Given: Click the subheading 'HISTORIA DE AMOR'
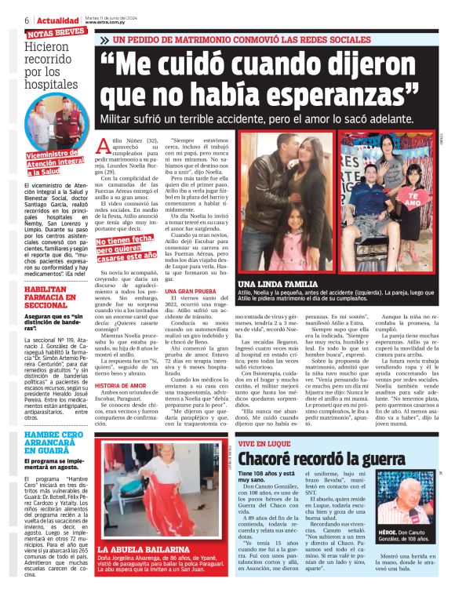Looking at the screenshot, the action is click(x=122, y=386).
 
